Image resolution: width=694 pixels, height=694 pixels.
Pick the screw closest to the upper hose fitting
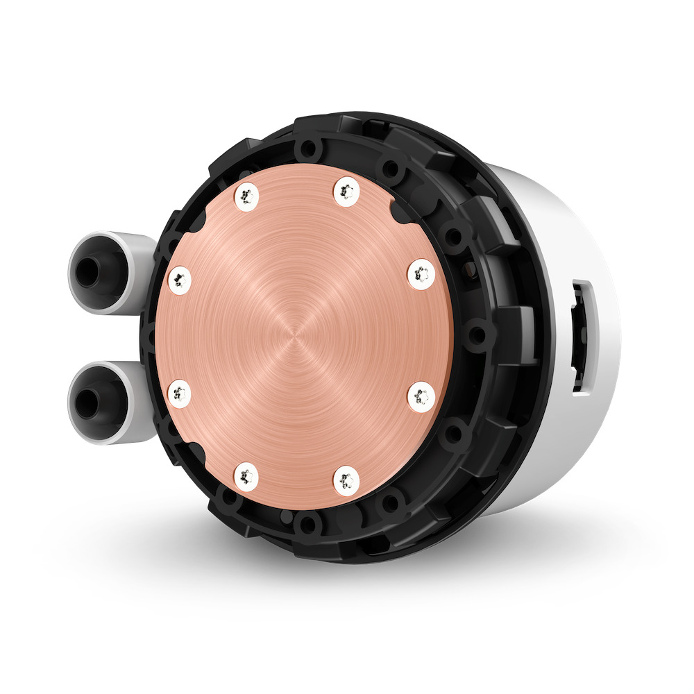point(180,280)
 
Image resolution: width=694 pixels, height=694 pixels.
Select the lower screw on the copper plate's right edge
point(420,396)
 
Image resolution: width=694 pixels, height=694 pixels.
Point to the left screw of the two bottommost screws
point(246,475)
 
